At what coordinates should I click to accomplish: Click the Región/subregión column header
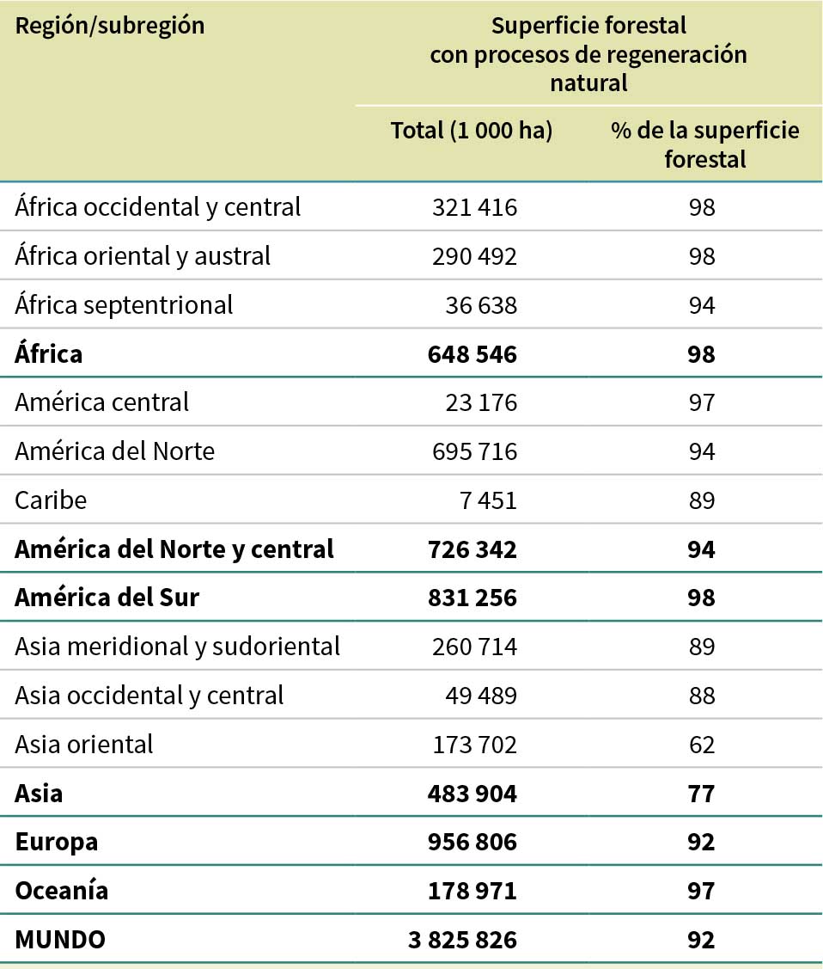tap(110, 26)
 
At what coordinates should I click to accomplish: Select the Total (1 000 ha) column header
tap(472, 131)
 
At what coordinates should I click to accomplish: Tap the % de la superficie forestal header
tap(704, 144)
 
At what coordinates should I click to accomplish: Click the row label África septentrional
tap(124, 304)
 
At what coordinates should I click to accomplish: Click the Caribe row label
tap(51, 500)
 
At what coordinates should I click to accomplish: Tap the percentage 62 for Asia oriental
tap(702, 744)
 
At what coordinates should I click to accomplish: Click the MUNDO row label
tap(60, 940)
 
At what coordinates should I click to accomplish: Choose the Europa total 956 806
tap(472, 842)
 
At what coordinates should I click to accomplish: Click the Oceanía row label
tap(62, 890)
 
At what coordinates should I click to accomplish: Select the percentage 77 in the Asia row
tap(702, 793)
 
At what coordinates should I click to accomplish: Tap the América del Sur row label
tap(107, 597)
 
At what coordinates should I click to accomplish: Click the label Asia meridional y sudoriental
tap(177, 646)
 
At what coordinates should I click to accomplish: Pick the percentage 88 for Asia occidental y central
tap(702, 695)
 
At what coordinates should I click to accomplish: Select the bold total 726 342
tap(472, 549)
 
